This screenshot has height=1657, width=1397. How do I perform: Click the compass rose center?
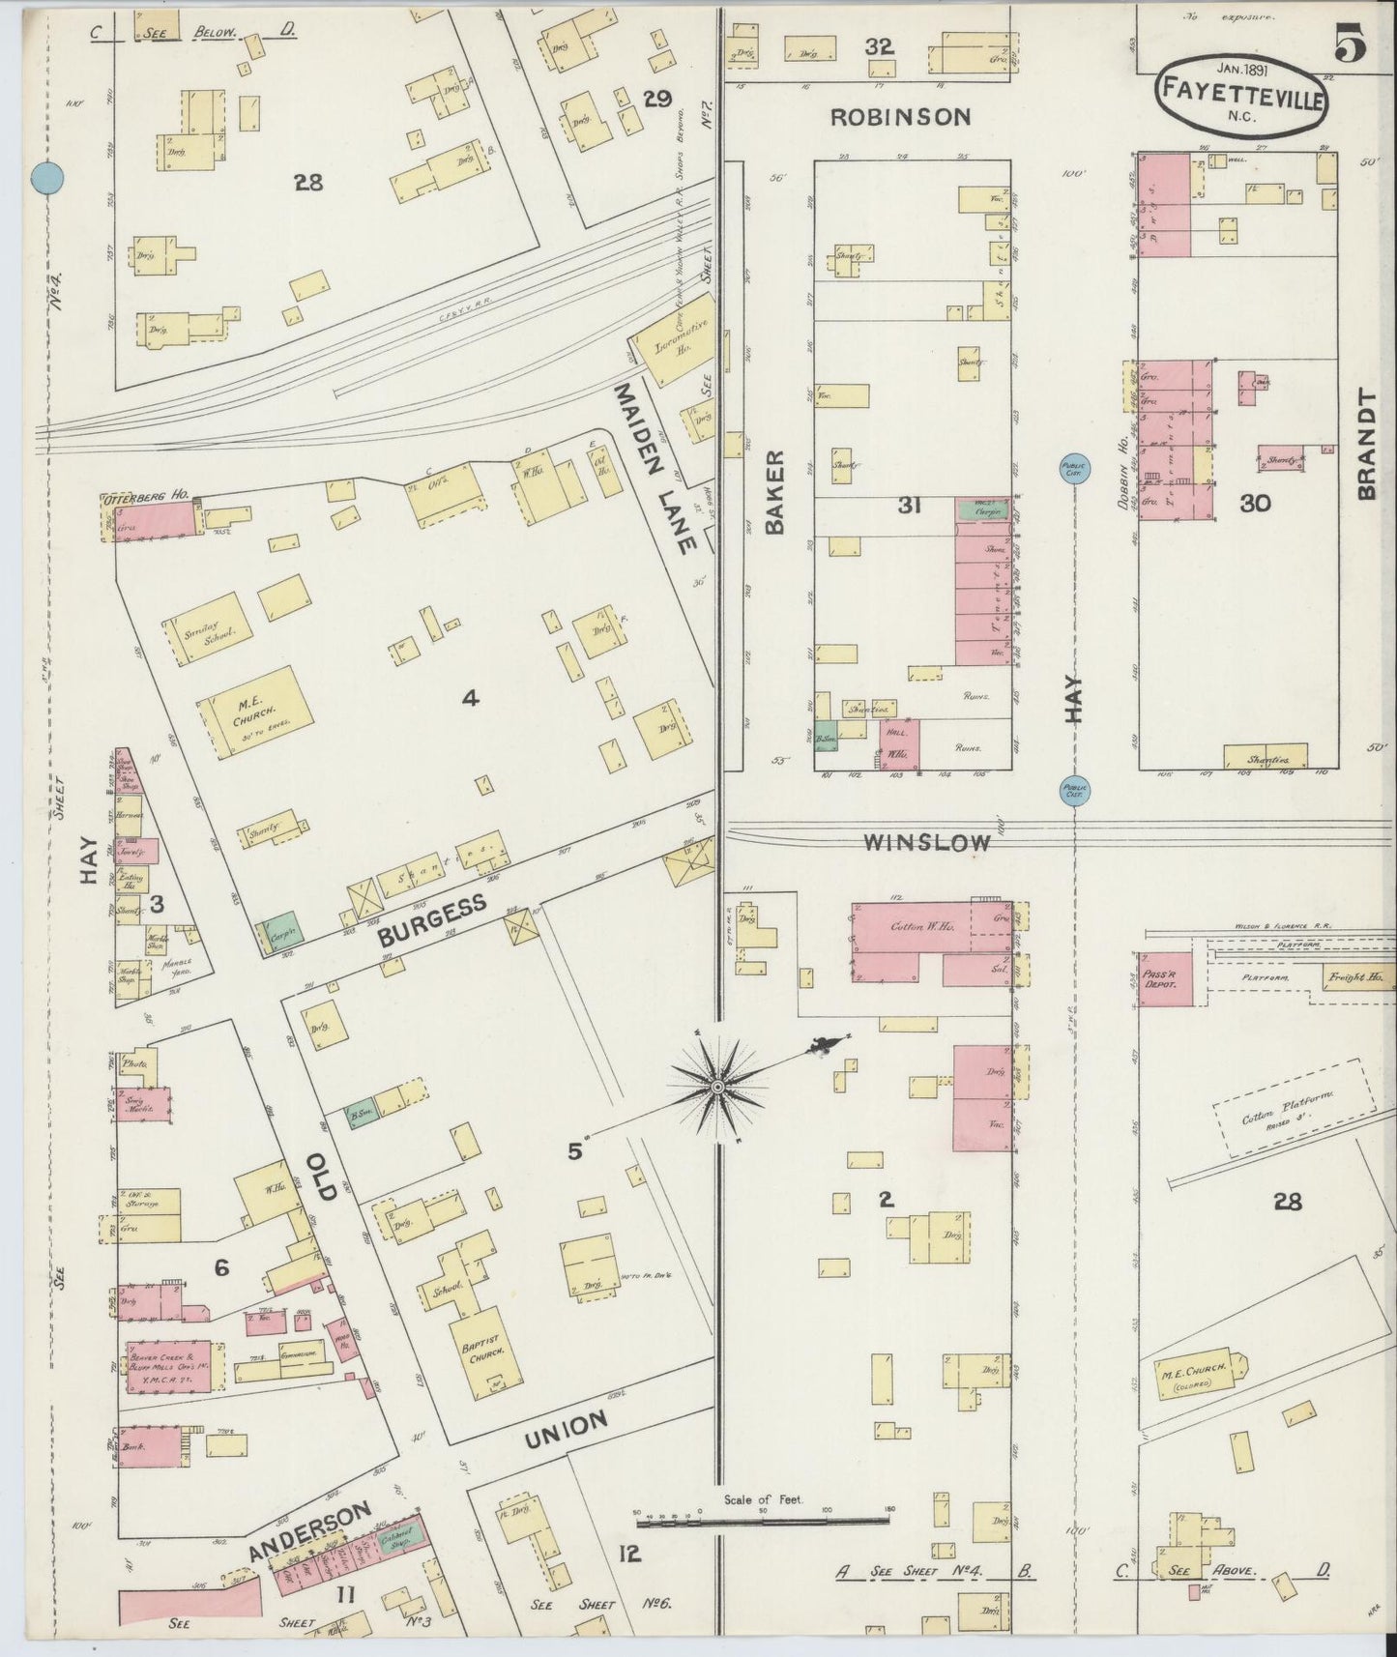point(717,1088)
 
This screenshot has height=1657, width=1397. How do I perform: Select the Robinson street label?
point(901,118)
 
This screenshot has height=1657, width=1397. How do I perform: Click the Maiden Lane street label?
point(654,467)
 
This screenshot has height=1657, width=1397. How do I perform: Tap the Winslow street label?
point(926,843)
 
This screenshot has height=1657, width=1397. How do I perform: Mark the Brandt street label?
point(1366,445)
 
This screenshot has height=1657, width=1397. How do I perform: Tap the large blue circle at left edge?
point(46,179)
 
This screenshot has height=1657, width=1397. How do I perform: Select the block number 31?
point(908,505)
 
